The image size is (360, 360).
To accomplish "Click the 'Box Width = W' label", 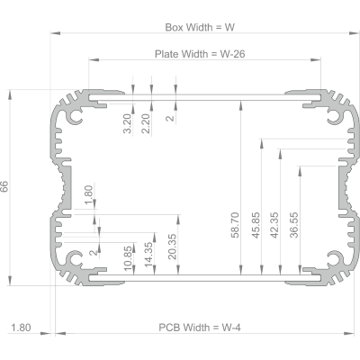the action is [200, 27].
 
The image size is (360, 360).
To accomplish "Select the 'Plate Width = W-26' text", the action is [200, 54].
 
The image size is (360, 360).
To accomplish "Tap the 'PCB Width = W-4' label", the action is [200, 328].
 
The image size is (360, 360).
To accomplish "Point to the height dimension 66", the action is [4, 186].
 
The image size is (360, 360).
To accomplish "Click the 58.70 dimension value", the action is [236, 225].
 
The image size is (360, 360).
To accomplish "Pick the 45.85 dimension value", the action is [256, 225].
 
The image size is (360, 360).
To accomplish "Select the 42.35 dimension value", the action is [274, 225].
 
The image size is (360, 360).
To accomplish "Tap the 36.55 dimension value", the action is [294, 225].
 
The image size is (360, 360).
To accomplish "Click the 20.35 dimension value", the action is [172, 247].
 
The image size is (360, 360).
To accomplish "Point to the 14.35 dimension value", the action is [148, 255].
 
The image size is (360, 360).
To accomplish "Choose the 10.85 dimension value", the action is [128, 258].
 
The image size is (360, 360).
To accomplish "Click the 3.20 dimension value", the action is [128, 123].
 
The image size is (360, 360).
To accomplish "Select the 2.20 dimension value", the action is [146, 123].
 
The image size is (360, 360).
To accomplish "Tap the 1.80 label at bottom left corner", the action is [21, 328].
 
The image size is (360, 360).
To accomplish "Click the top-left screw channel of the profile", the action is [75, 116].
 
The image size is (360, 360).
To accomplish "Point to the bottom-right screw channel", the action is [335, 259].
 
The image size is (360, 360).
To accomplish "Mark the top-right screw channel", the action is [335, 116].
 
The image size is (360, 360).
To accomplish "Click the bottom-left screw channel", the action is [75, 259].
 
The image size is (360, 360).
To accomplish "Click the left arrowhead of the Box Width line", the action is [56, 33].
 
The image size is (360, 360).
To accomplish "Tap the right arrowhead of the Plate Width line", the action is [316, 59].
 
